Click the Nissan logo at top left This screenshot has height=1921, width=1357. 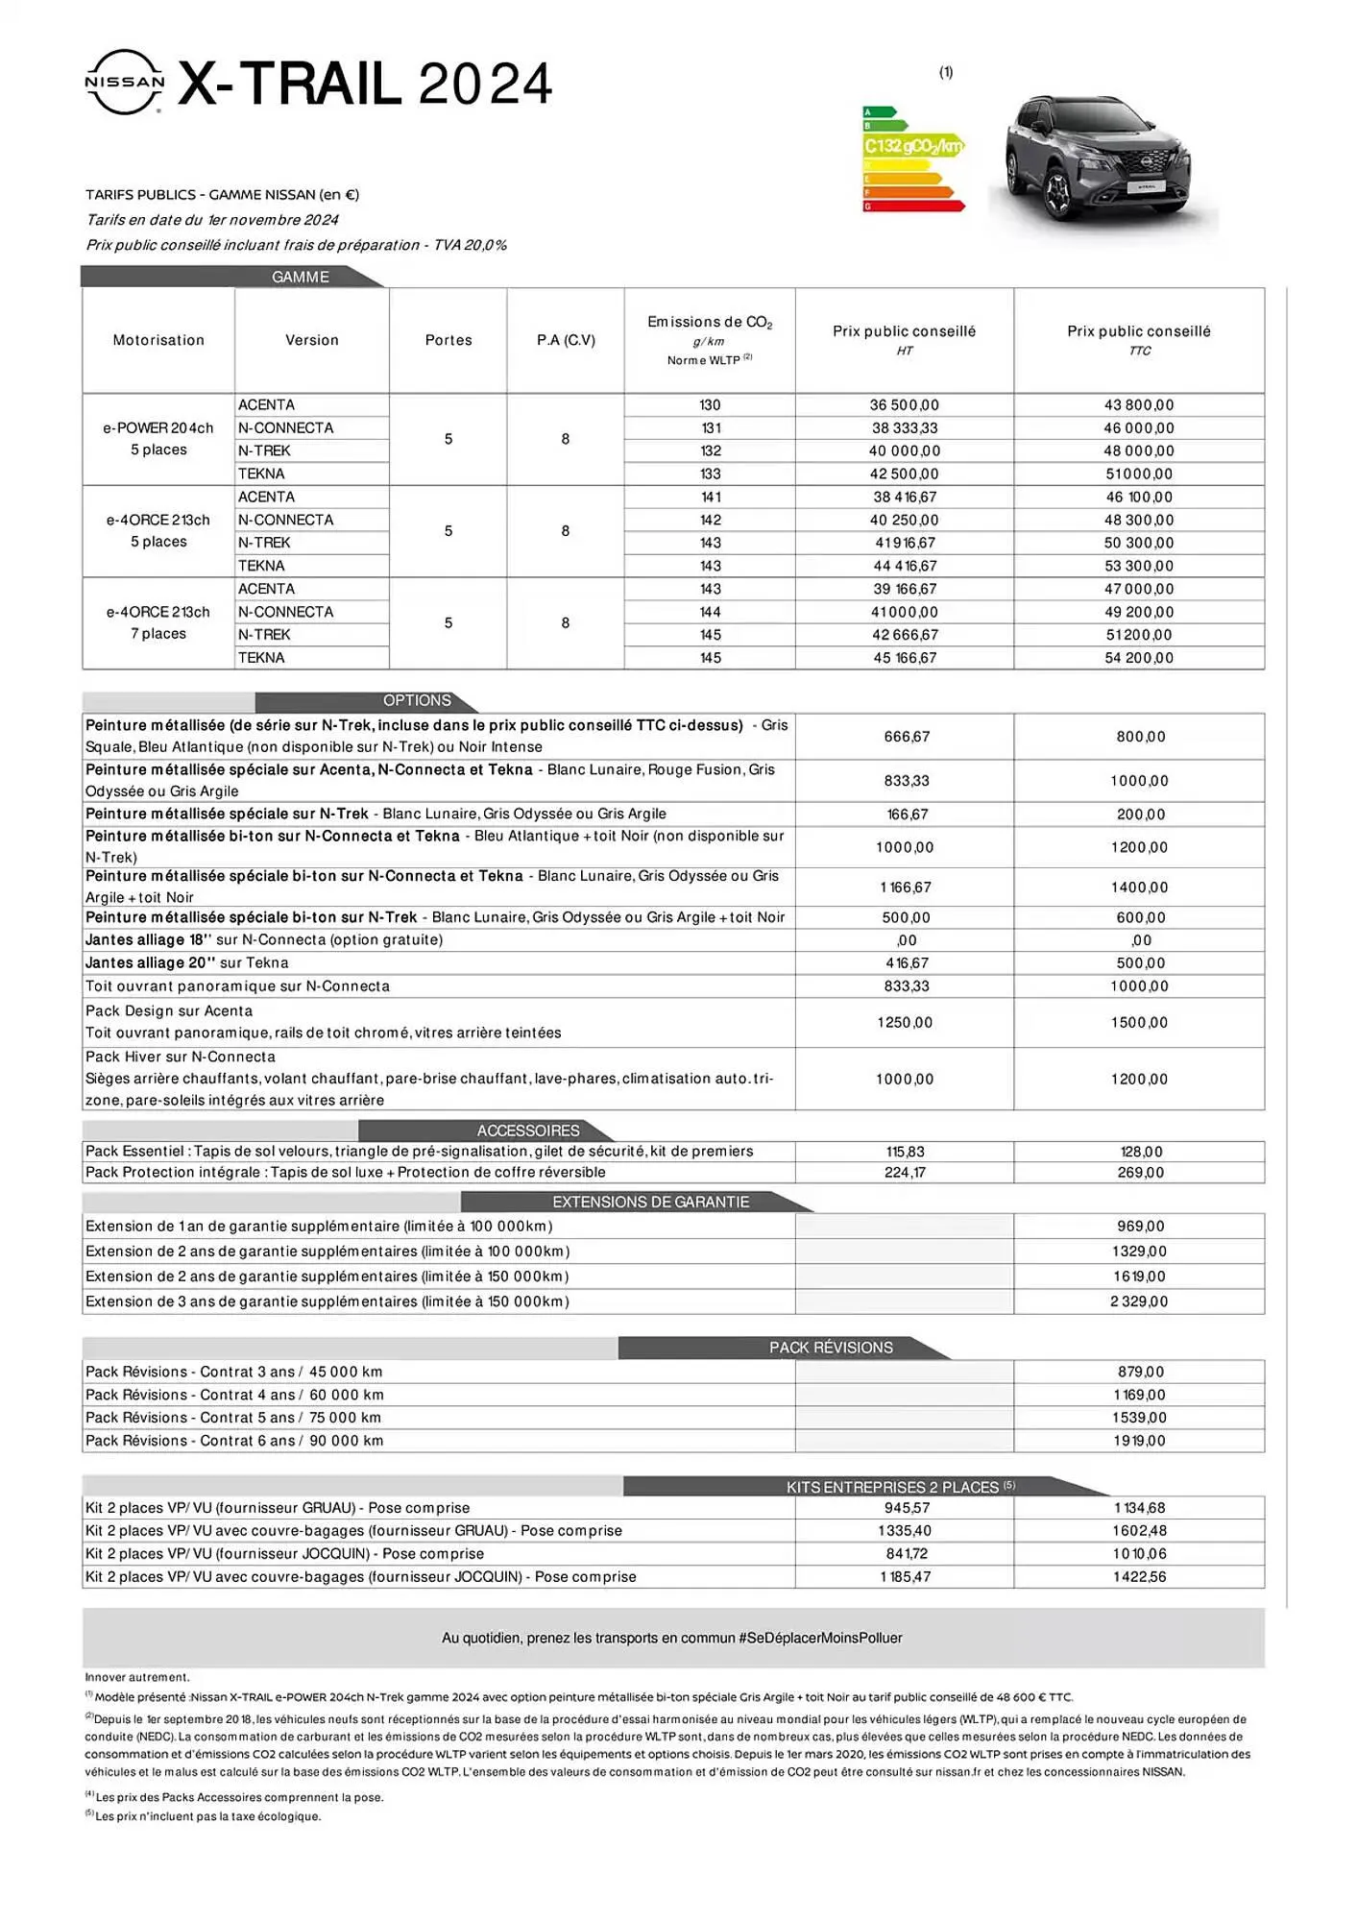click(125, 83)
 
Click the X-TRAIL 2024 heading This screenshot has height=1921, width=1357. click(365, 85)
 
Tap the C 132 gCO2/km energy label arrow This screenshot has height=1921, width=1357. click(911, 146)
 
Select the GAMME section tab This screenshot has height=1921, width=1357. click(301, 277)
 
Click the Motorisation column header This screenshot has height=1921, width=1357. click(158, 340)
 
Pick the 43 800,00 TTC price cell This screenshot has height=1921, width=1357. click(1138, 405)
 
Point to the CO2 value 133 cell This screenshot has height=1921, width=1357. click(710, 474)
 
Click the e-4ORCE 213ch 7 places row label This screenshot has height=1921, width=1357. click(158, 622)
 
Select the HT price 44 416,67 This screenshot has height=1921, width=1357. click(904, 566)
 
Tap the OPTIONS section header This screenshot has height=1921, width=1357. click(417, 700)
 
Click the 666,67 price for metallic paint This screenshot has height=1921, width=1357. click(906, 737)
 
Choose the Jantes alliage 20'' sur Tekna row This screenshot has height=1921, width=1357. click(187, 962)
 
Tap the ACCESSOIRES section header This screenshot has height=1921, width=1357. click(528, 1131)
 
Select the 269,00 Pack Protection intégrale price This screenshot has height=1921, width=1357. click(1140, 1173)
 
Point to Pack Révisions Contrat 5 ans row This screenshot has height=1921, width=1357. click(233, 1418)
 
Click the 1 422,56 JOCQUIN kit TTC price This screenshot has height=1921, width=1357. click(1139, 1577)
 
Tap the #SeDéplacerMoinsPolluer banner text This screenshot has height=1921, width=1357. click(671, 1638)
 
